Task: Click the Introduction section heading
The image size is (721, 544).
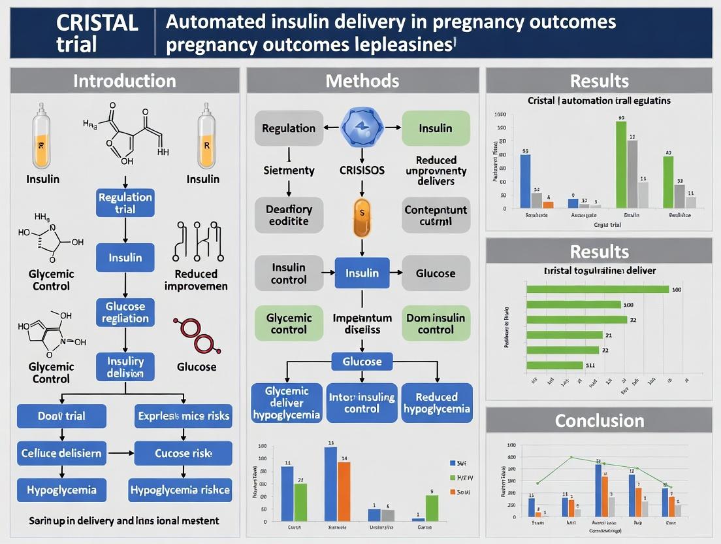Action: coord(124,81)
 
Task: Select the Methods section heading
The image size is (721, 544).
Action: coord(362,81)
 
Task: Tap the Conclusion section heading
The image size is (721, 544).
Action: coord(599,420)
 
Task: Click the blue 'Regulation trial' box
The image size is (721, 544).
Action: coord(125,203)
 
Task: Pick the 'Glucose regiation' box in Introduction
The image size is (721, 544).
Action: coord(125,312)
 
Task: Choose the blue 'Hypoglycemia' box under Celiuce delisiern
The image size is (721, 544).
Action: coord(61,490)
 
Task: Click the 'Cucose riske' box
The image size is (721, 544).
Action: coord(183,453)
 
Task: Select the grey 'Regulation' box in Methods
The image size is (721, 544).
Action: coord(288,128)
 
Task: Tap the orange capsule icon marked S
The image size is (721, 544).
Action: coord(362,218)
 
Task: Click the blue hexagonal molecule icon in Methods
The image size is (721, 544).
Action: coord(361,127)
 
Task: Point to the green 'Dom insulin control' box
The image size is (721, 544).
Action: coord(436,323)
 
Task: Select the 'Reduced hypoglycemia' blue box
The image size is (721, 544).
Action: coord(436,403)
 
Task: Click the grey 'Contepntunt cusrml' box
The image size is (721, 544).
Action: coord(436,216)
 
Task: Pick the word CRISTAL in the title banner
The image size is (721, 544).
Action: coord(97,24)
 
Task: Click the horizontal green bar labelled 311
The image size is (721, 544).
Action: coord(554,365)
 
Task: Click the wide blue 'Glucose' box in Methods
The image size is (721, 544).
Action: coord(362,362)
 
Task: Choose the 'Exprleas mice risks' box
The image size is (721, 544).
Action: coord(183,416)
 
